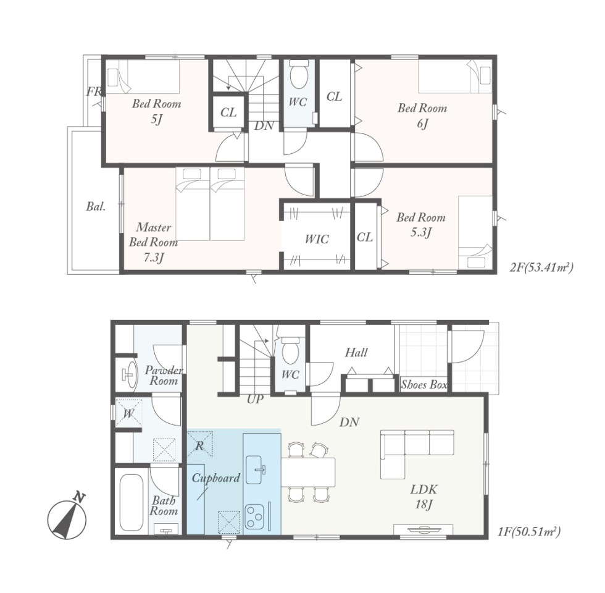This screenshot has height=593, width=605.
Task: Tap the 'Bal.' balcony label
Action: click(x=96, y=206)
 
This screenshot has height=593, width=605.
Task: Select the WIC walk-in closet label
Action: click(x=317, y=239)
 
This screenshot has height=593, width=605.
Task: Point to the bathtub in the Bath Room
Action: click(x=131, y=502)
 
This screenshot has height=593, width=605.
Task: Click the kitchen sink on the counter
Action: click(x=256, y=469)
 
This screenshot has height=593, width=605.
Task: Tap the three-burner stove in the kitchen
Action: click(x=254, y=516)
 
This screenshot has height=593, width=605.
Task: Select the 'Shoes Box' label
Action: click(x=424, y=384)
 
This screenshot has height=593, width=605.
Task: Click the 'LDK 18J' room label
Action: click(x=423, y=497)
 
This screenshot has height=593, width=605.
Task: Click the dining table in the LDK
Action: click(x=308, y=472)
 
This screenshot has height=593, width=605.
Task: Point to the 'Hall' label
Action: click(x=356, y=352)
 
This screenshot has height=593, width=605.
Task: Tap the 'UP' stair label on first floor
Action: click(x=254, y=399)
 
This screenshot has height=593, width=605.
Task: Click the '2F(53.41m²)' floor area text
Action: click(x=541, y=267)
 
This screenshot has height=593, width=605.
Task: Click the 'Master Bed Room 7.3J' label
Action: click(x=153, y=242)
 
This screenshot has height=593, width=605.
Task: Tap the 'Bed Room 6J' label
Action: click(x=422, y=116)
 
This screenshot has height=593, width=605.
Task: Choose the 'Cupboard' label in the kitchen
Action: click(x=215, y=478)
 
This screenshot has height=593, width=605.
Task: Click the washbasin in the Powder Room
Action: click(x=129, y=374)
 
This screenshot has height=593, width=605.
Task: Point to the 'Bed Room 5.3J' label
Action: click(x=421, y=225)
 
